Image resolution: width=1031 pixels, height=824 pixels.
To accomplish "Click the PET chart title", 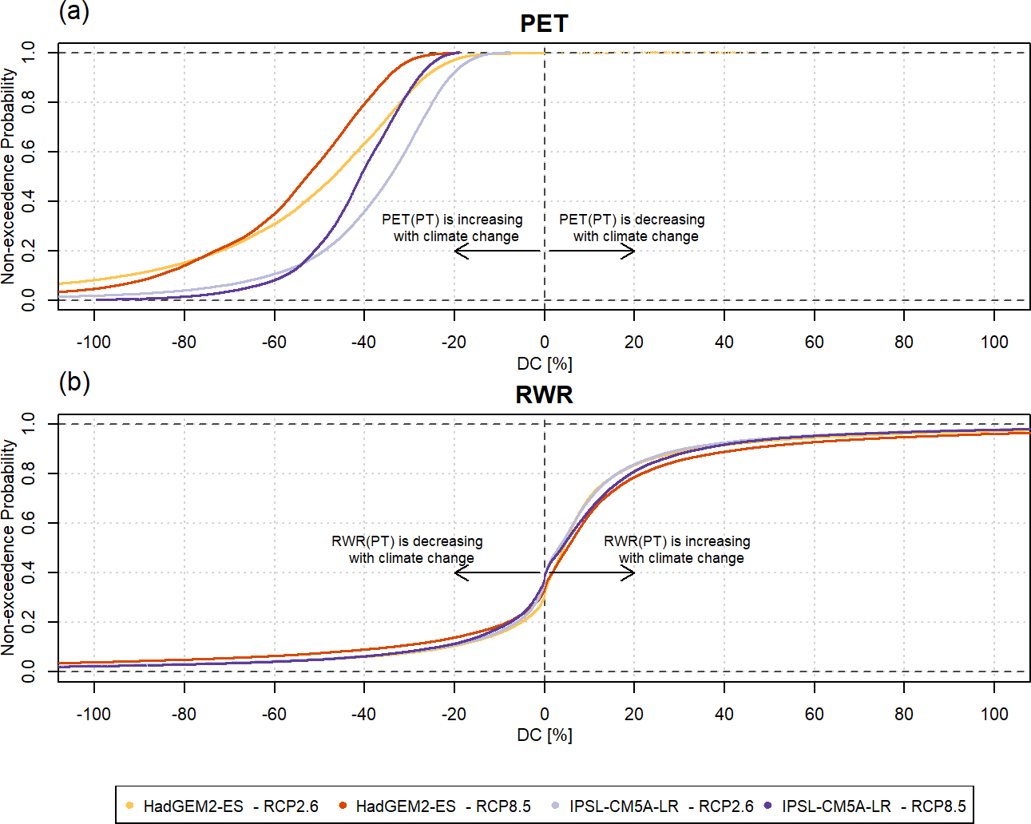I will coord(544,24).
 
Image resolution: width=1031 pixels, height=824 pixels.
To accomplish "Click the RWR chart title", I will coord(544,395).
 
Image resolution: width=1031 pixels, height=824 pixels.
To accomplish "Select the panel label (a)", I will coord(74,11).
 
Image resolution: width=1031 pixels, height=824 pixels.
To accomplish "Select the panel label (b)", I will coord(74,382).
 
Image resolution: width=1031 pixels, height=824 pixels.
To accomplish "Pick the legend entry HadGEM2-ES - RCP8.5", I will coord(434,806).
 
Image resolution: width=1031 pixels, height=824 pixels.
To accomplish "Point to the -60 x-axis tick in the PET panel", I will coord(274,343).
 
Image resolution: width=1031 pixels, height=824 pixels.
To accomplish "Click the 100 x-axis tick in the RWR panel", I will coord(994,714).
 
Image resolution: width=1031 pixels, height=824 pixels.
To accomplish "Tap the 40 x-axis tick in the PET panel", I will coord(724,343).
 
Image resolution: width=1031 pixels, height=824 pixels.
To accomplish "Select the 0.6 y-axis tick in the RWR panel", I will coord(28,523).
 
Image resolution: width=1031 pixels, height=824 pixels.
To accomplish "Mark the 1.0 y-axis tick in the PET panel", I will coord(28,53).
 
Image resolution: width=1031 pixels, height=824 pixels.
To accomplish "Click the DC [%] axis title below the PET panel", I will coord(545,364).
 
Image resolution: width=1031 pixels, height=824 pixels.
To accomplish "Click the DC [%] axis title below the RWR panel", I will coord(545,735).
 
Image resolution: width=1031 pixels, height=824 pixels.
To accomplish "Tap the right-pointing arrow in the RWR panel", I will coord(591,572).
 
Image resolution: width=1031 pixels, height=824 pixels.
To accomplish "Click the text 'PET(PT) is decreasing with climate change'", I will coord(632,228).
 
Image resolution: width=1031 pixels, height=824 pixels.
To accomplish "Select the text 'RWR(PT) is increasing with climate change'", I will coord(678,549).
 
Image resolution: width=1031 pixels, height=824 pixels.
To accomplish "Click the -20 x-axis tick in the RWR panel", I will coord(454,714).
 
